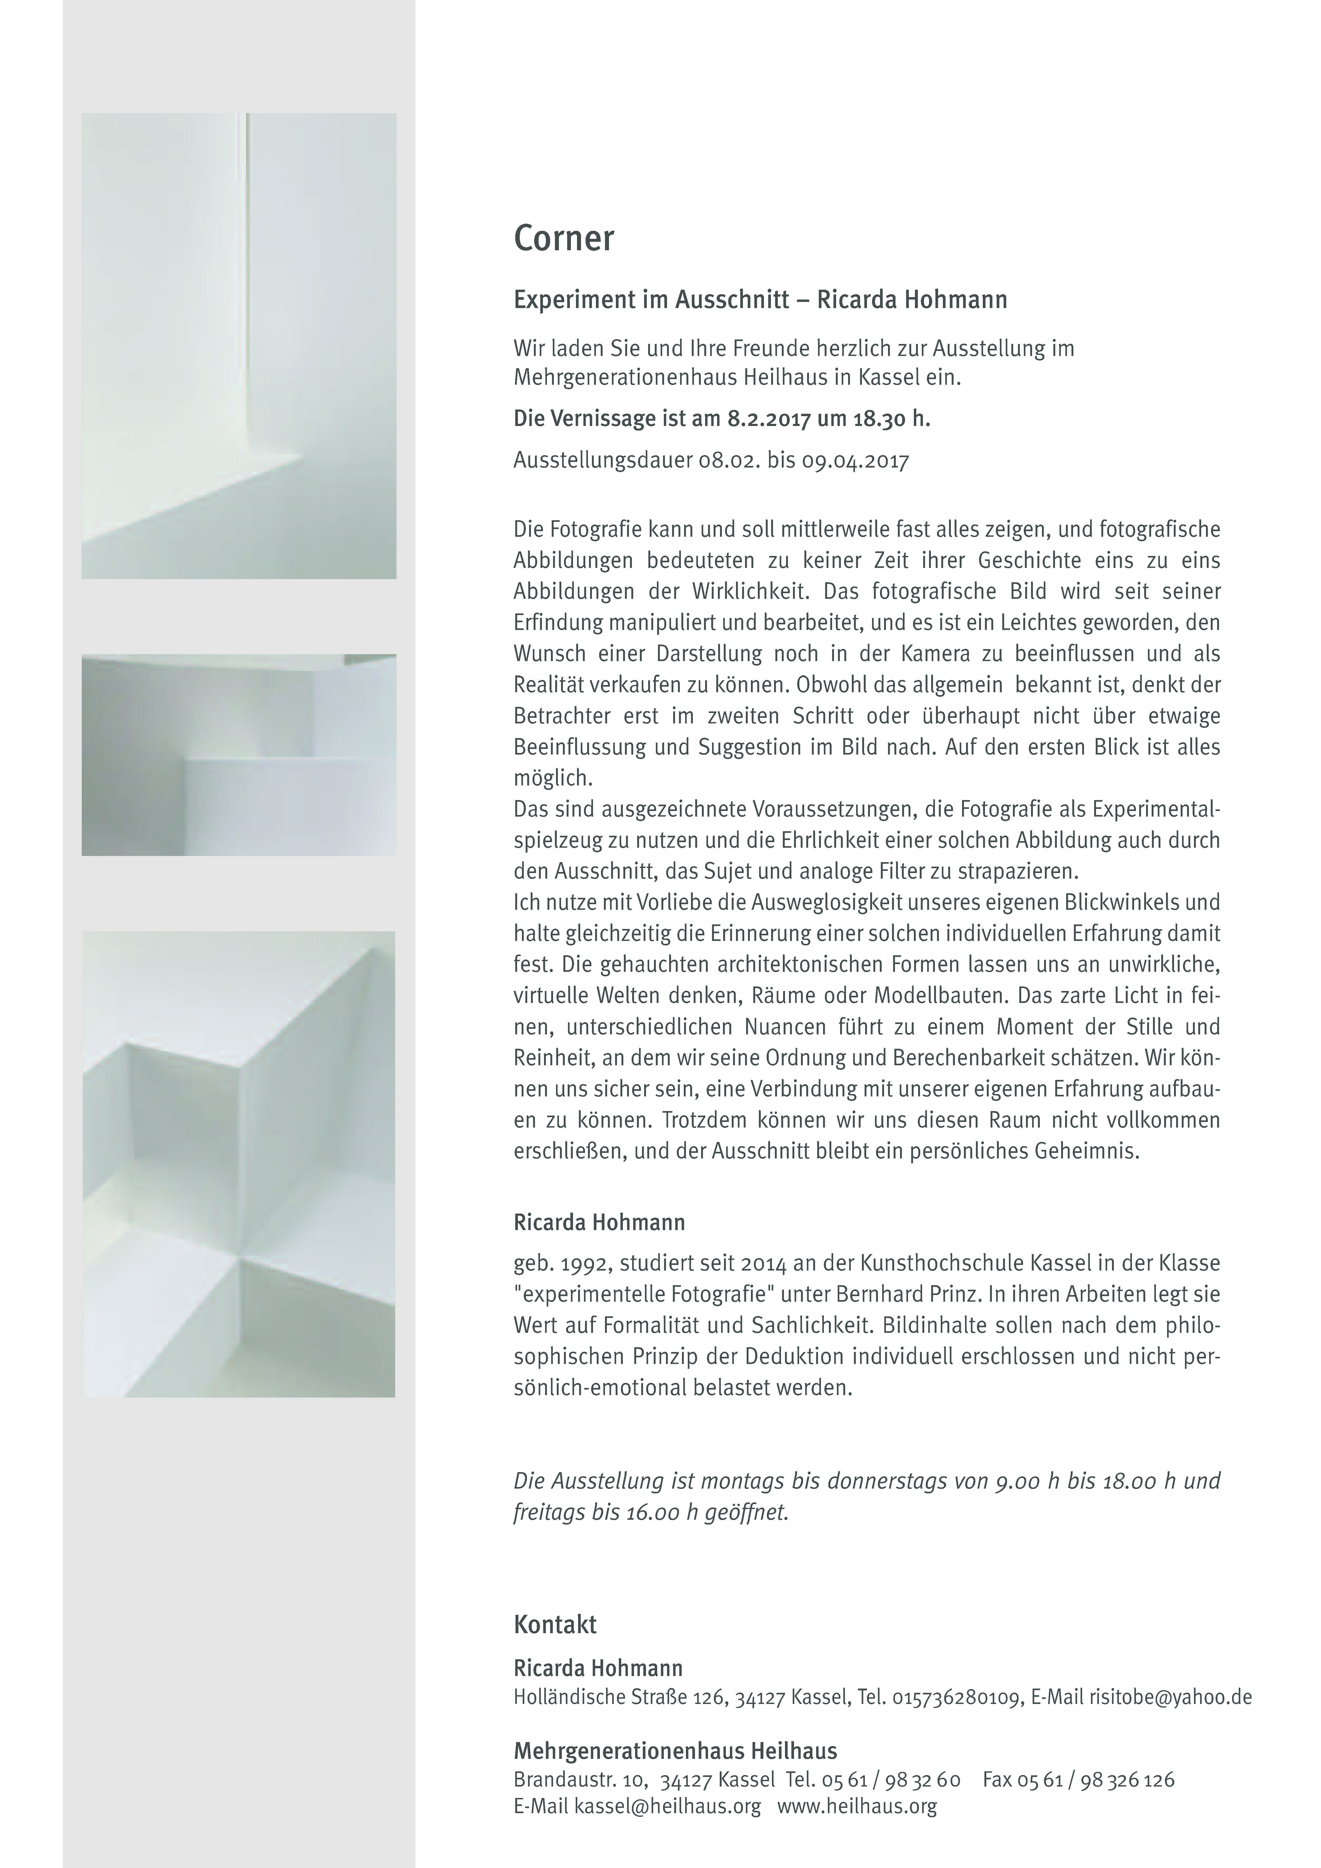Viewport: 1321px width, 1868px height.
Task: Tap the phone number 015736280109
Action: coord(956,1697)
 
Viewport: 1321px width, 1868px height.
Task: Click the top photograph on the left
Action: coord(239,346)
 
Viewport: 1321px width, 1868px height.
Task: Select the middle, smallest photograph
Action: coord(239,755)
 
